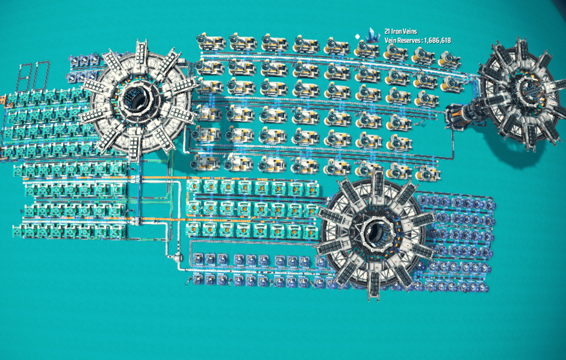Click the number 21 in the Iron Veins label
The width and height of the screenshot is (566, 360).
[x=388, y=31]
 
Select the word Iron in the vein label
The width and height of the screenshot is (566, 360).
[x=397, y=31]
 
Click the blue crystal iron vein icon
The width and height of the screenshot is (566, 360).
[x=373, y=36]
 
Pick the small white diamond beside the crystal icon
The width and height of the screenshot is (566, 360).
[x=358, y=37]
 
